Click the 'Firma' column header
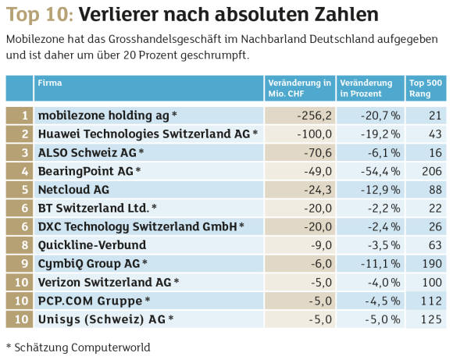point(50,83)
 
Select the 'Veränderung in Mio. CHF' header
point(300,88)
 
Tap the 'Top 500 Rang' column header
point(426,88)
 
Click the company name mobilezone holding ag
point(103,116)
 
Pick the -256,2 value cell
point(315,116)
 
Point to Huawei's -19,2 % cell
point(380,134)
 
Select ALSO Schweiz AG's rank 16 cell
point(435,152)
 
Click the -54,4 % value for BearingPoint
point(380,171)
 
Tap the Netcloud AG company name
point(73,190)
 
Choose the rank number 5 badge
point(25,190)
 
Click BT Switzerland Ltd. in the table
point(94,208)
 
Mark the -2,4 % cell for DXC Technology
point(384,226)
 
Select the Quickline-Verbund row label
point(92,245)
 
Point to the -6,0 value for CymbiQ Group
point(321,263)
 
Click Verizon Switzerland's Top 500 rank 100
point(432,282)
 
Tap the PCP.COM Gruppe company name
point(90,301)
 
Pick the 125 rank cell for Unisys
point(431,319)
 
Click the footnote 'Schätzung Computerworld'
point(82,348)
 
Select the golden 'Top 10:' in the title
point(40,14)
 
